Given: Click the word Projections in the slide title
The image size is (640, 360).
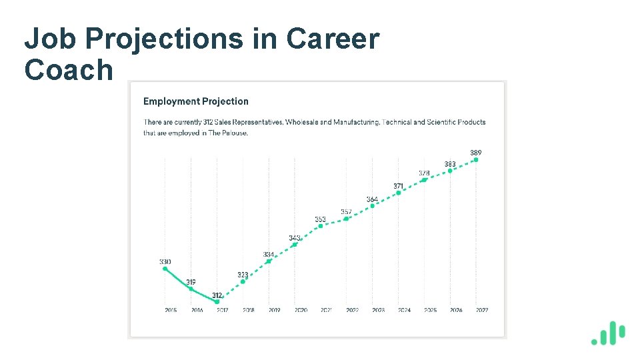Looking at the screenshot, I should click(165, 40).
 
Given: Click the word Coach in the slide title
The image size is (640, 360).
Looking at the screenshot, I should click(69, 70).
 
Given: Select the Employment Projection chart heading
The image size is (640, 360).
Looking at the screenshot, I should click(195, 101).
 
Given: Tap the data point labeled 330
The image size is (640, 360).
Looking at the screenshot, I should click(165, 269).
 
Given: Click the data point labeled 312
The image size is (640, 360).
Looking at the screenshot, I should click(217, 301).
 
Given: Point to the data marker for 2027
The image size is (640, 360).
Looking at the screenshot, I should click(475, 160).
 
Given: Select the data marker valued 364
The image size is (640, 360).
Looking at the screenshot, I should click(372, 205).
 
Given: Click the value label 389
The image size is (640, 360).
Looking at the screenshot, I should click(475, 153).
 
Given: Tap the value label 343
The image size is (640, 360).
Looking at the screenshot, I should click(294, 237).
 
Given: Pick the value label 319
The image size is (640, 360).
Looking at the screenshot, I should click(191, 282).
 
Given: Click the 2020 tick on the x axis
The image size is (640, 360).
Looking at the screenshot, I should click(301, 310).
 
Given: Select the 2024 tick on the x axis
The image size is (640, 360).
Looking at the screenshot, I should click(404, 310).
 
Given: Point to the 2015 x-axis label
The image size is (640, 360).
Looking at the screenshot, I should click(171, 310).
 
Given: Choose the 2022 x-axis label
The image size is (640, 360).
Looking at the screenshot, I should click(352, 310).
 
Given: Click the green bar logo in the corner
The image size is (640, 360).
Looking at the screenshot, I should click(608, 333).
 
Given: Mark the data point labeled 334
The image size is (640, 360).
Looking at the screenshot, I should click(269, 261).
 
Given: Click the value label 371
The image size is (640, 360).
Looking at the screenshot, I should click(398, 186).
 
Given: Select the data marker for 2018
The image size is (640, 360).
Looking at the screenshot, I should click(243, 281).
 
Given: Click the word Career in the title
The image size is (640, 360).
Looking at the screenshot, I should click(333, 40).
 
